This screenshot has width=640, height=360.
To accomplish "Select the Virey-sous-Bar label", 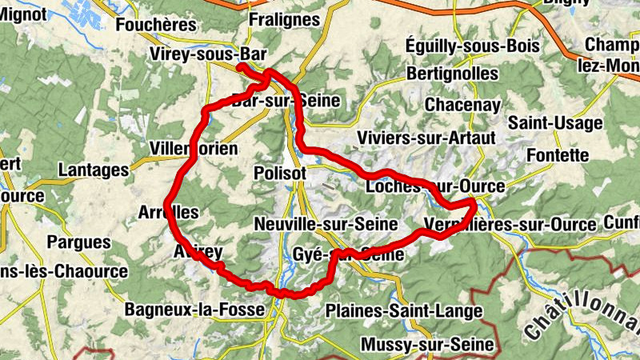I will (207, 54).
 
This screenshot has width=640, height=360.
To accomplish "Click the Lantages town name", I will (93, 170).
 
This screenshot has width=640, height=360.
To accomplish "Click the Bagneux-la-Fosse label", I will (194, 309).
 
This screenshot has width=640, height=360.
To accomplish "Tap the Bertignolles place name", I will (452, 74).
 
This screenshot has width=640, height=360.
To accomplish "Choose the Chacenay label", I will (463, 105).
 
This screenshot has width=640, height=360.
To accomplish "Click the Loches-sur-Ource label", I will (434, 186).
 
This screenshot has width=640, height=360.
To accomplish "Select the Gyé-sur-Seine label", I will (346, 254).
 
